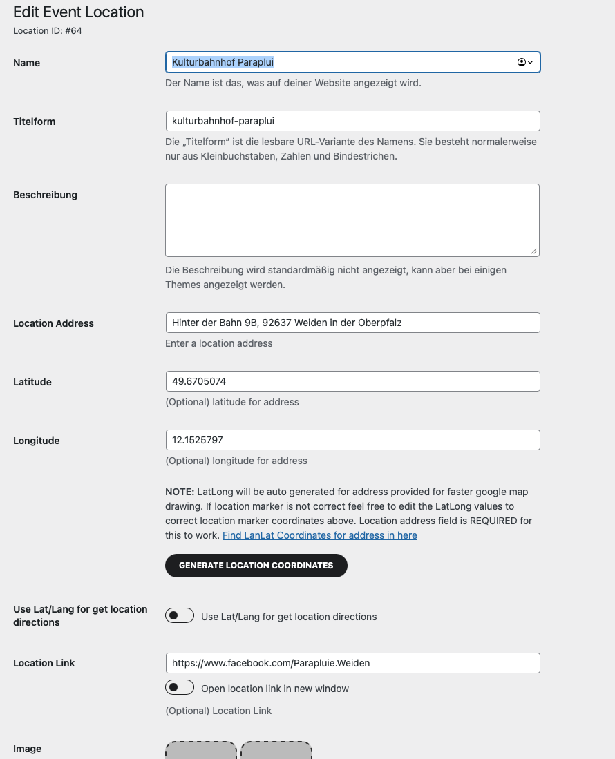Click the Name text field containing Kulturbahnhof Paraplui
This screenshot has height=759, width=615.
tap(339, 63)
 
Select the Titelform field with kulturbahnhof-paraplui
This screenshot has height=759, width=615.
tap(352, 121)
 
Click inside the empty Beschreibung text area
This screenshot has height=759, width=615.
tap(352, 220)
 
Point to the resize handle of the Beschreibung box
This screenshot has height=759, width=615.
tap(534, 251)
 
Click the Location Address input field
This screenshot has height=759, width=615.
tap(352, 323)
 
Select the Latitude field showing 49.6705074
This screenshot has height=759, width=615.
tap(352, 381)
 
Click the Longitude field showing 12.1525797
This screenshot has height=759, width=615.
tap(352, 440)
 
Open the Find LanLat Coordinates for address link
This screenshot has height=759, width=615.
tap(319, 535)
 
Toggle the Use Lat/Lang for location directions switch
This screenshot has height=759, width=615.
tap(180, 615)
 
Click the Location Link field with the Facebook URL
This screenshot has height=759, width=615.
tap(352, 663)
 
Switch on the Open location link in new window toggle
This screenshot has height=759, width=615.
tap(180, 688)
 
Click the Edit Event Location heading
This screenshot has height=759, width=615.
tap(79, 12)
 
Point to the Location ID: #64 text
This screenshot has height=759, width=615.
tap(48, 31)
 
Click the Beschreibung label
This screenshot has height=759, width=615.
tap(45, 195)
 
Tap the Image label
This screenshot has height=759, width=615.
tap(28, 749)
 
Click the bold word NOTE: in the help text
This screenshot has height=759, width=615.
tap(180, 492)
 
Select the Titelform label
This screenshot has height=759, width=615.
tap(35, 122)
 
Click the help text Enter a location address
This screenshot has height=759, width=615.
tap(219, 343)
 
